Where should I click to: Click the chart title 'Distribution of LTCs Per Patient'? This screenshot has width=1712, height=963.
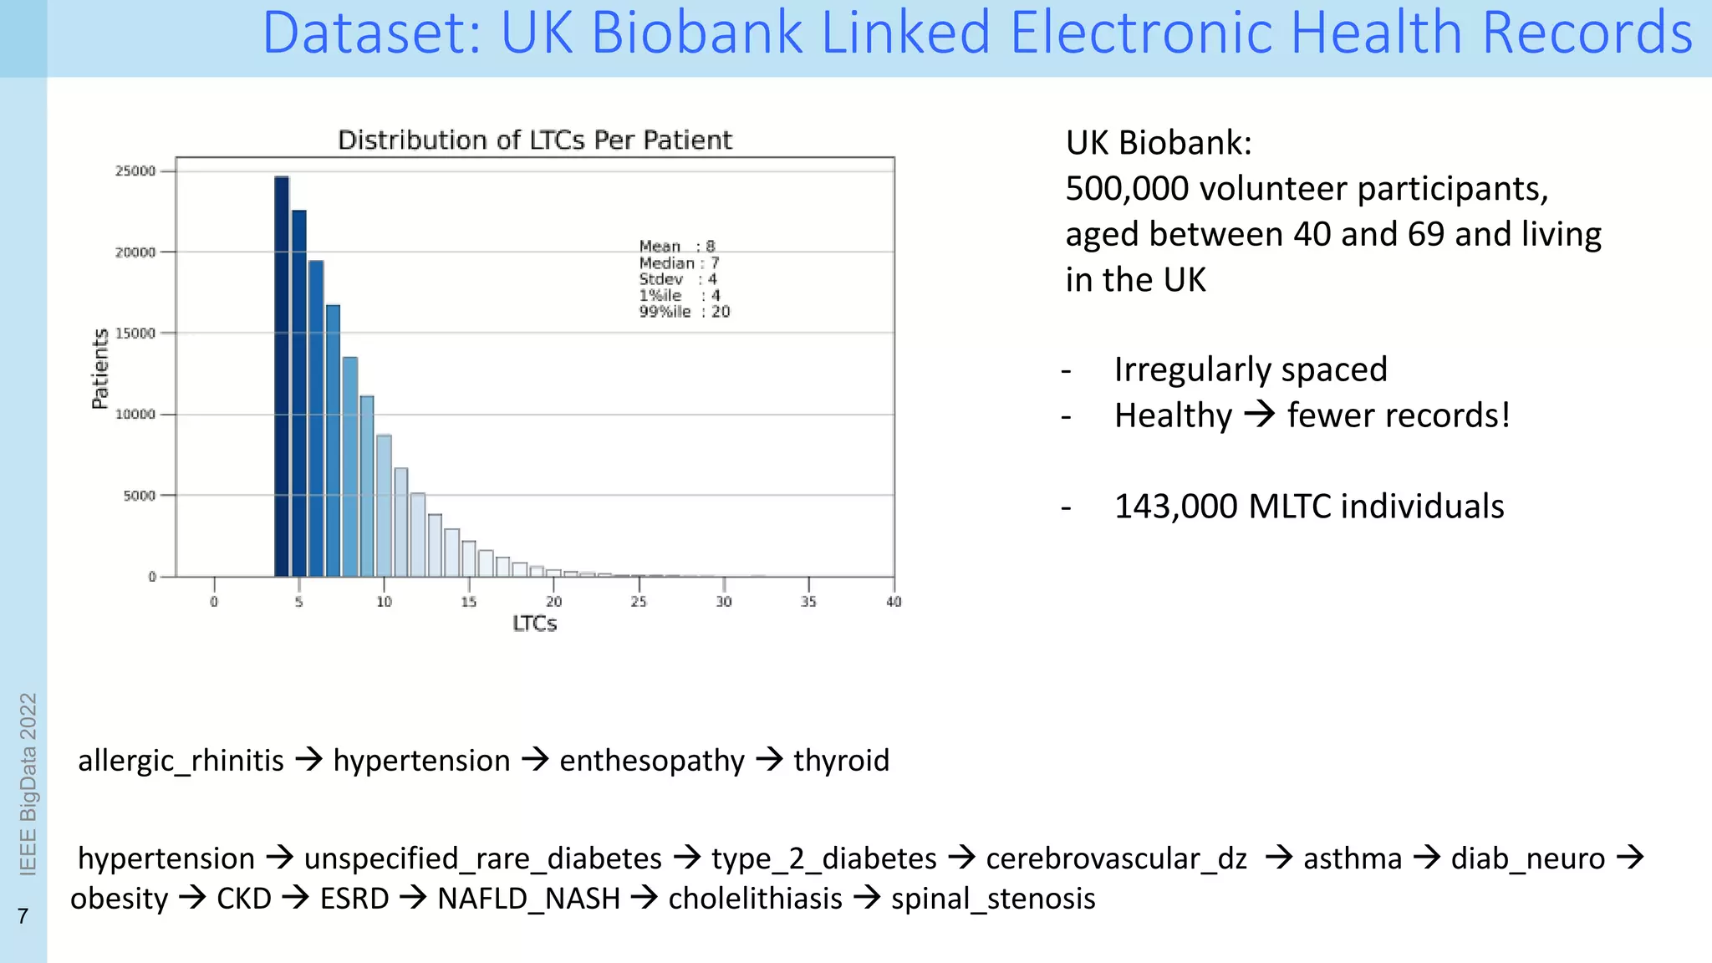534,140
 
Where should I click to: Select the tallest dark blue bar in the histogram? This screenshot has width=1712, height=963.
282,376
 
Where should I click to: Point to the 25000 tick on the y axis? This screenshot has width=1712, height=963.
135,171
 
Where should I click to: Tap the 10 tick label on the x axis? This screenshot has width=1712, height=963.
384,602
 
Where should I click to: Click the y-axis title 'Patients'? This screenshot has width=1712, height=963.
100,369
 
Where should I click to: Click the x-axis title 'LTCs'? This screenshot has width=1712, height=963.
534,624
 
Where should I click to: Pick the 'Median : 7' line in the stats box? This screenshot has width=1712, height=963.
679,262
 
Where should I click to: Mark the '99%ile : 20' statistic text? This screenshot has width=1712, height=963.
684,312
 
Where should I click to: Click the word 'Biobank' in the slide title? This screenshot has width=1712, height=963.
697,33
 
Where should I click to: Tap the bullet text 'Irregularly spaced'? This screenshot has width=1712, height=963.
1251,369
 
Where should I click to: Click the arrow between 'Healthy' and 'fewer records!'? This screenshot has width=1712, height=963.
1260,415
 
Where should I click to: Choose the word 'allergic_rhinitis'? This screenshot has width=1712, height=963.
181,761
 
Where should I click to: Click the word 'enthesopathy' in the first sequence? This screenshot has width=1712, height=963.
651,761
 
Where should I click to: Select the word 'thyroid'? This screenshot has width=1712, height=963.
841,761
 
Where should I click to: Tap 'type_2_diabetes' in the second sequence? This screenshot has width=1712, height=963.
823,859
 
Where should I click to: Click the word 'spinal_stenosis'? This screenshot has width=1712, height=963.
993,899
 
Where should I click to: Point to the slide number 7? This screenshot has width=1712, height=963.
23,916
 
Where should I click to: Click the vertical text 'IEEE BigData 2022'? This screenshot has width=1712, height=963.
28,783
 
